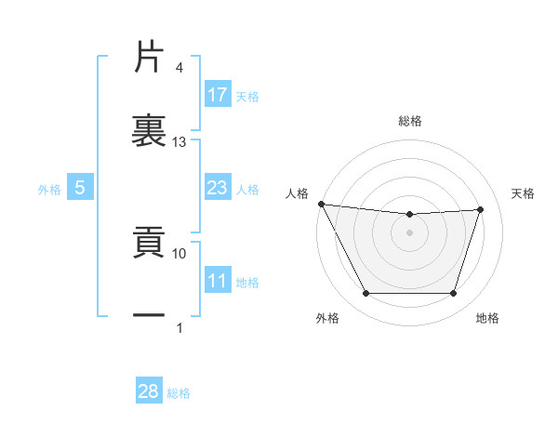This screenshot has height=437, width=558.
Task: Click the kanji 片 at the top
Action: pos(150,58)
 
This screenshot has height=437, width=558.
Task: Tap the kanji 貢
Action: pos(150,244)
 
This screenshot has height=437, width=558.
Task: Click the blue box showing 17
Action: pos(218,94)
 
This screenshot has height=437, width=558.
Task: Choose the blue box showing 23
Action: pos(218,188)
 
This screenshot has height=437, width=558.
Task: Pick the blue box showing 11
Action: pos(218,281)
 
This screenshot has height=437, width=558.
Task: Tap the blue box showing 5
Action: pos(80,188)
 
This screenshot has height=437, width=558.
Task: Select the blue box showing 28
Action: pos(149,391)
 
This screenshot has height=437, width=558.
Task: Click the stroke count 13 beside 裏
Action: pos(179,142)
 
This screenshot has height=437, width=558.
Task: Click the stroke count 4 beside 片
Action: pos(179,68)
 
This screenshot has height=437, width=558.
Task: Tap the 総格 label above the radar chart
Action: pos(410,121)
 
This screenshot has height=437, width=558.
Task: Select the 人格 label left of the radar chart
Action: pos(298,193)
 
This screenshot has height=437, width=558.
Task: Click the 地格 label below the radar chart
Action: pos(487,318)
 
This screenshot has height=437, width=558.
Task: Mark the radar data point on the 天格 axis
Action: pos(480,209)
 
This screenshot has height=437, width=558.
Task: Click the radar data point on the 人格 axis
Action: pos(321,204)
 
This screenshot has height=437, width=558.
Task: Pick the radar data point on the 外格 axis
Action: pos(365,294)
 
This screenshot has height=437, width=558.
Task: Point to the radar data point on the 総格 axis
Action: pos(409,215)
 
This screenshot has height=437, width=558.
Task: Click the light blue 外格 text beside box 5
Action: pos(49,189)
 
